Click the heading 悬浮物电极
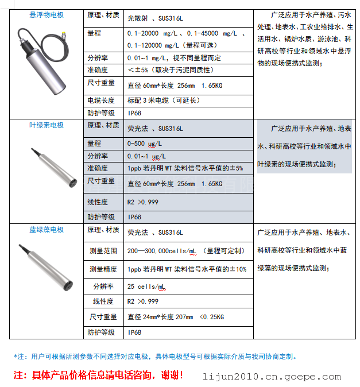pyautogui.click(x=47, y=15)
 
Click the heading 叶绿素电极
pyautogui.click(x=47, y=125)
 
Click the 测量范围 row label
pyautogui.click(x=103, y=251)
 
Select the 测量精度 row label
pyautogui.click(x=103, y=269)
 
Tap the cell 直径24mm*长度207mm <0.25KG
pyautogui.click(x=176, y=317)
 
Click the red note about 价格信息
pyautogui.click(x=99, y=376)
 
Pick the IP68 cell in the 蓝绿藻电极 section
pyautogui.click(x=134, y=332)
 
